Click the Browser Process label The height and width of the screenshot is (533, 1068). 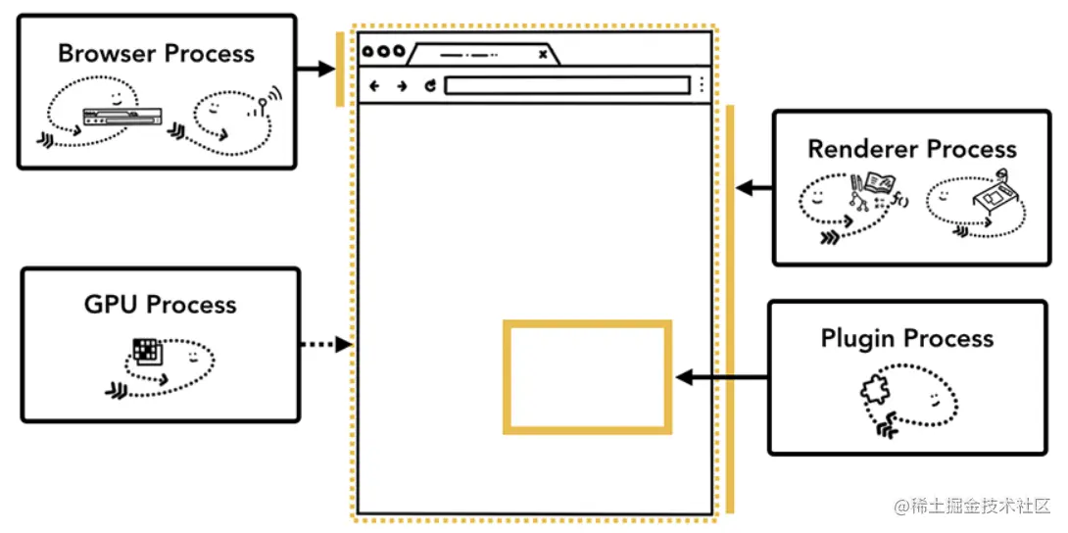coord(156,53)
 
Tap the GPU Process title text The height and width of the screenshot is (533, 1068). coord(160,304)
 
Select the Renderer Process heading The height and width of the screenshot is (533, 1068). coord(911,149)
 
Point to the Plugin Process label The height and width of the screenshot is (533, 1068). coord(906,339)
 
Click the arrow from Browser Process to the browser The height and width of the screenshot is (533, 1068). coord(316,69)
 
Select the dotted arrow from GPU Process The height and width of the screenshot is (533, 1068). coord(324,344)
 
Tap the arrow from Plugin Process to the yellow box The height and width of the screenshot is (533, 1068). coord(722,377)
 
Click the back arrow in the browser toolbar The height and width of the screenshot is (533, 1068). coord(373,86)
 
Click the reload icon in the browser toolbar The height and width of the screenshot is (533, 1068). coord(430,86)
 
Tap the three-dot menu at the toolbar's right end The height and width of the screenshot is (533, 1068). coord(702,85)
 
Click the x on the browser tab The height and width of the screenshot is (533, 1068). coord(543,55)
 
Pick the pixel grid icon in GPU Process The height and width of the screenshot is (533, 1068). coord(146,351)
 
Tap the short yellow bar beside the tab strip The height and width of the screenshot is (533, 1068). coord(340,69)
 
